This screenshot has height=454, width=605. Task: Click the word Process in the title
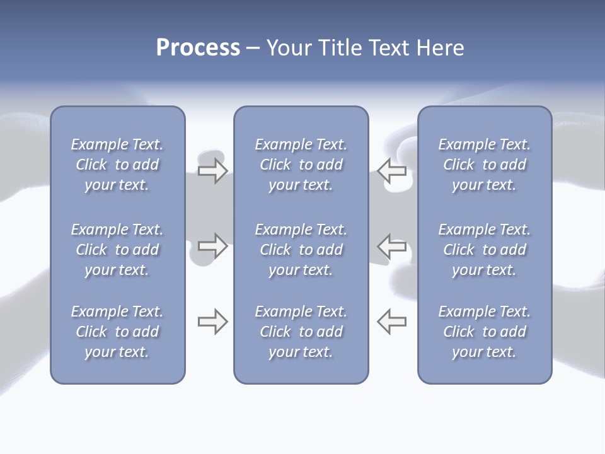point(198,48)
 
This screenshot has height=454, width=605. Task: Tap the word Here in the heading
point(441,48)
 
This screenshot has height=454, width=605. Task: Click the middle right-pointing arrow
point(212,246)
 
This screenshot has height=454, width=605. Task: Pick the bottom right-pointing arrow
point(212,322)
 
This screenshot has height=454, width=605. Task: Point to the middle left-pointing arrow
point(392,246)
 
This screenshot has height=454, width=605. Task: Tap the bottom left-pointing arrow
point(392,322)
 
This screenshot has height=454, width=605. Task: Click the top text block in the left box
point(117,165)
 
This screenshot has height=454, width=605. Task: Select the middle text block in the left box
point(117,250)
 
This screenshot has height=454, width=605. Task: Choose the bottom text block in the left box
point(117,332)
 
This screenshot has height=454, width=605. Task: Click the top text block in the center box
point(301,165)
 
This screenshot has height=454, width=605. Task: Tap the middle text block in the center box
point(301,250)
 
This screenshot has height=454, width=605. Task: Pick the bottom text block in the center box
point(301,332)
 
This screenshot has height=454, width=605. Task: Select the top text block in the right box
point(485,165)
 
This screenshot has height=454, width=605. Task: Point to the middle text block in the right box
point(485,250)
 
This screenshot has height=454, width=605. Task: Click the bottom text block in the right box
point(485,332)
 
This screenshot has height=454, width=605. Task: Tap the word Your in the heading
point(288,48)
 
